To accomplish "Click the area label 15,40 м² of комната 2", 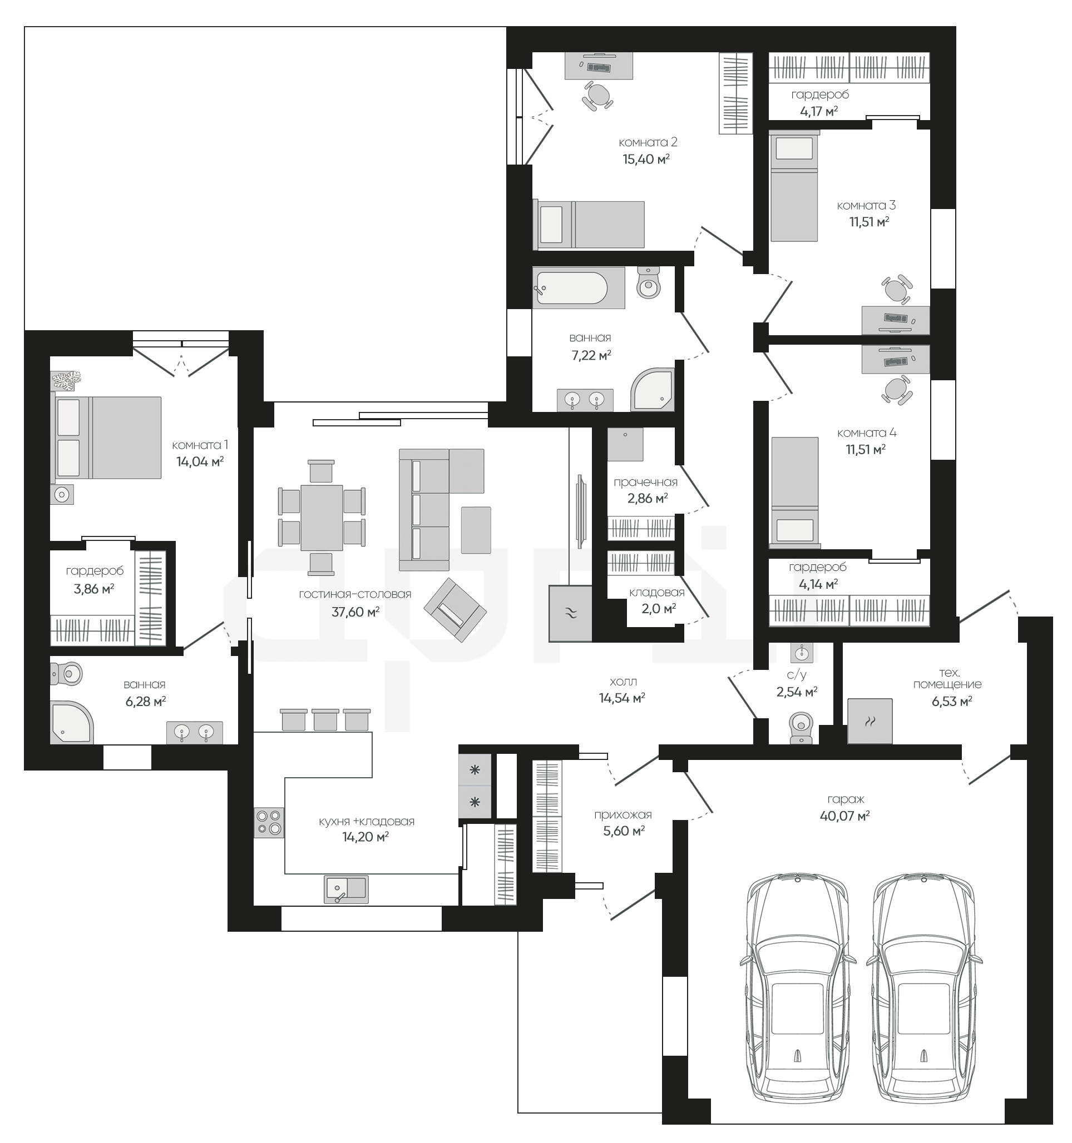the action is [x=646, y=158].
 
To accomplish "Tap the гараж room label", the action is [x=846, y=799].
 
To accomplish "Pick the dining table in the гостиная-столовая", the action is [x=322, y=518].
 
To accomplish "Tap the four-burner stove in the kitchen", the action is [x=269, y=822].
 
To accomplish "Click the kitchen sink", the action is [x=346, y=889].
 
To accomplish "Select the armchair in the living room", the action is [x=455, y=609].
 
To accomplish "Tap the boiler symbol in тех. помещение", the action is [x=870, y=721].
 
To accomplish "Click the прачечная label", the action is [x=645, y=483].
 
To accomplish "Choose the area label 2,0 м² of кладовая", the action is [x=658, y=608].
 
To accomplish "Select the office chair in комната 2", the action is [x=597, y=95].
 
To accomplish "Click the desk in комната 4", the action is [x=895, y=360].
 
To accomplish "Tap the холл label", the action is [x=623, y=682].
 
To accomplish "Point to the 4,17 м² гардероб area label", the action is [x=818, y=111].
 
